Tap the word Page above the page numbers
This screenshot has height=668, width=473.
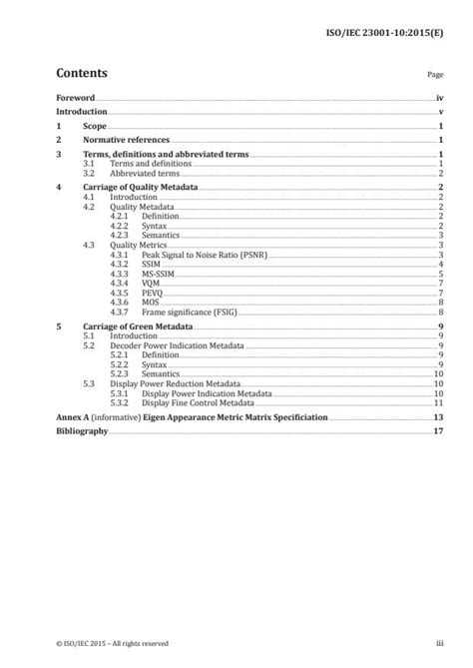[x=434, y=75]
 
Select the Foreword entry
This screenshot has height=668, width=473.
[x=76, y=99]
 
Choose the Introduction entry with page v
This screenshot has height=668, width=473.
[x=82, y=113]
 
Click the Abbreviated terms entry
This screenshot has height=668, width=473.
[x=144, y=173]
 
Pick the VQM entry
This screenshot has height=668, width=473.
[x=151, y=284]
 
